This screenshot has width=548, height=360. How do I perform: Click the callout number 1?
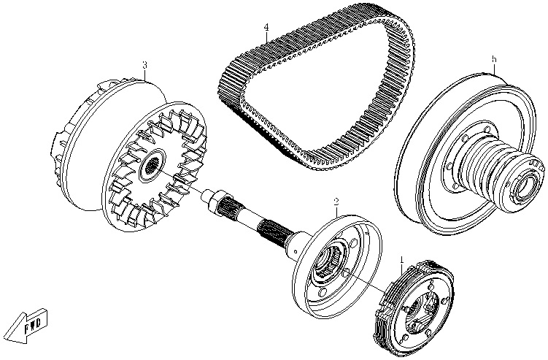point(401,259)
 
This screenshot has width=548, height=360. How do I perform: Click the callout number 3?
point(144,65)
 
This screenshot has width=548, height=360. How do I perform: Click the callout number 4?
point(266,28)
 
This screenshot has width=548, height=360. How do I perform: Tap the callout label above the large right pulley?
point(494,58)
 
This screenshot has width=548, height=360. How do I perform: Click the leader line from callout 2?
point(336,210)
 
